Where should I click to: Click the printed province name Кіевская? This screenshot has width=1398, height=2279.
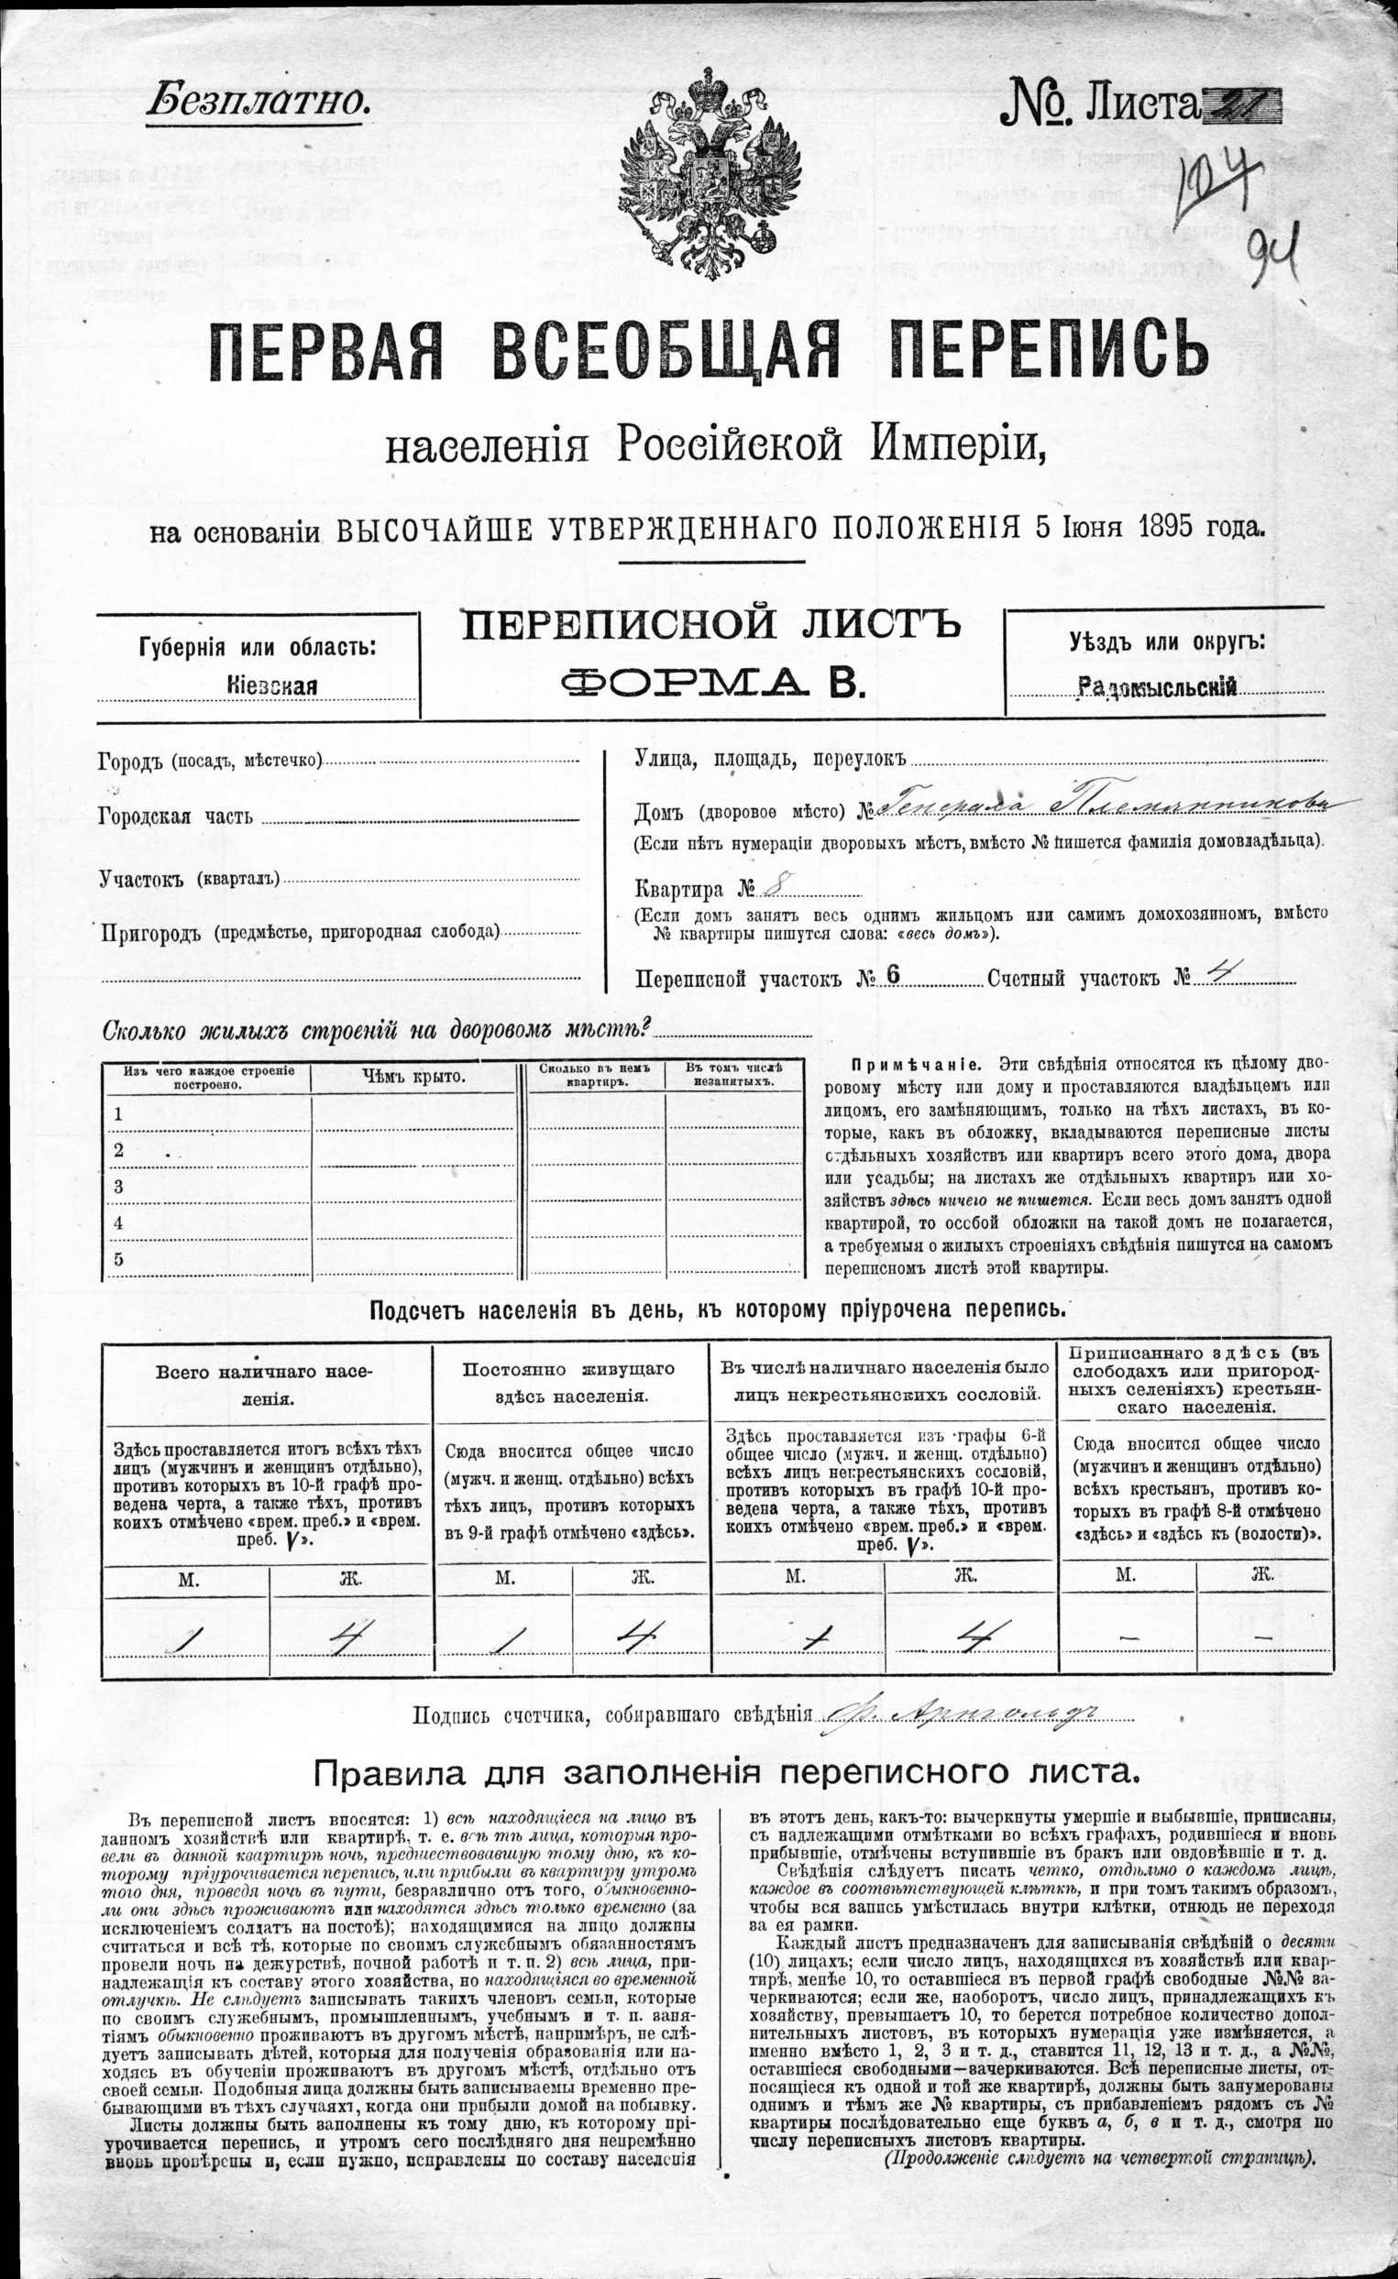tap(271, 685)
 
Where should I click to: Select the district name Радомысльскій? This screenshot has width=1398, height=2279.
tap(1158, 685)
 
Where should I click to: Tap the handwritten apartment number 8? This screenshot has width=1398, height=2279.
tap(776, 889)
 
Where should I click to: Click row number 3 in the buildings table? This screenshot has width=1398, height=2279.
tap(117, 1186)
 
